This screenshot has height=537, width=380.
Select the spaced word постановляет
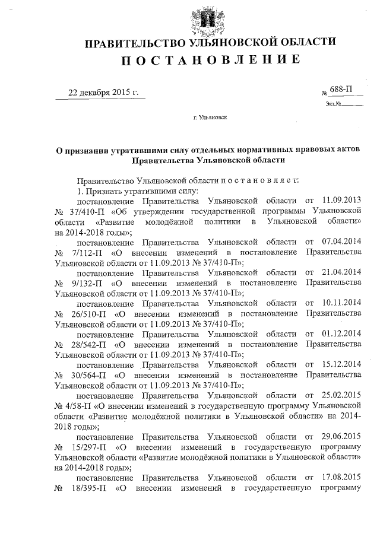pyautogui.click(x=256, y=179)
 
